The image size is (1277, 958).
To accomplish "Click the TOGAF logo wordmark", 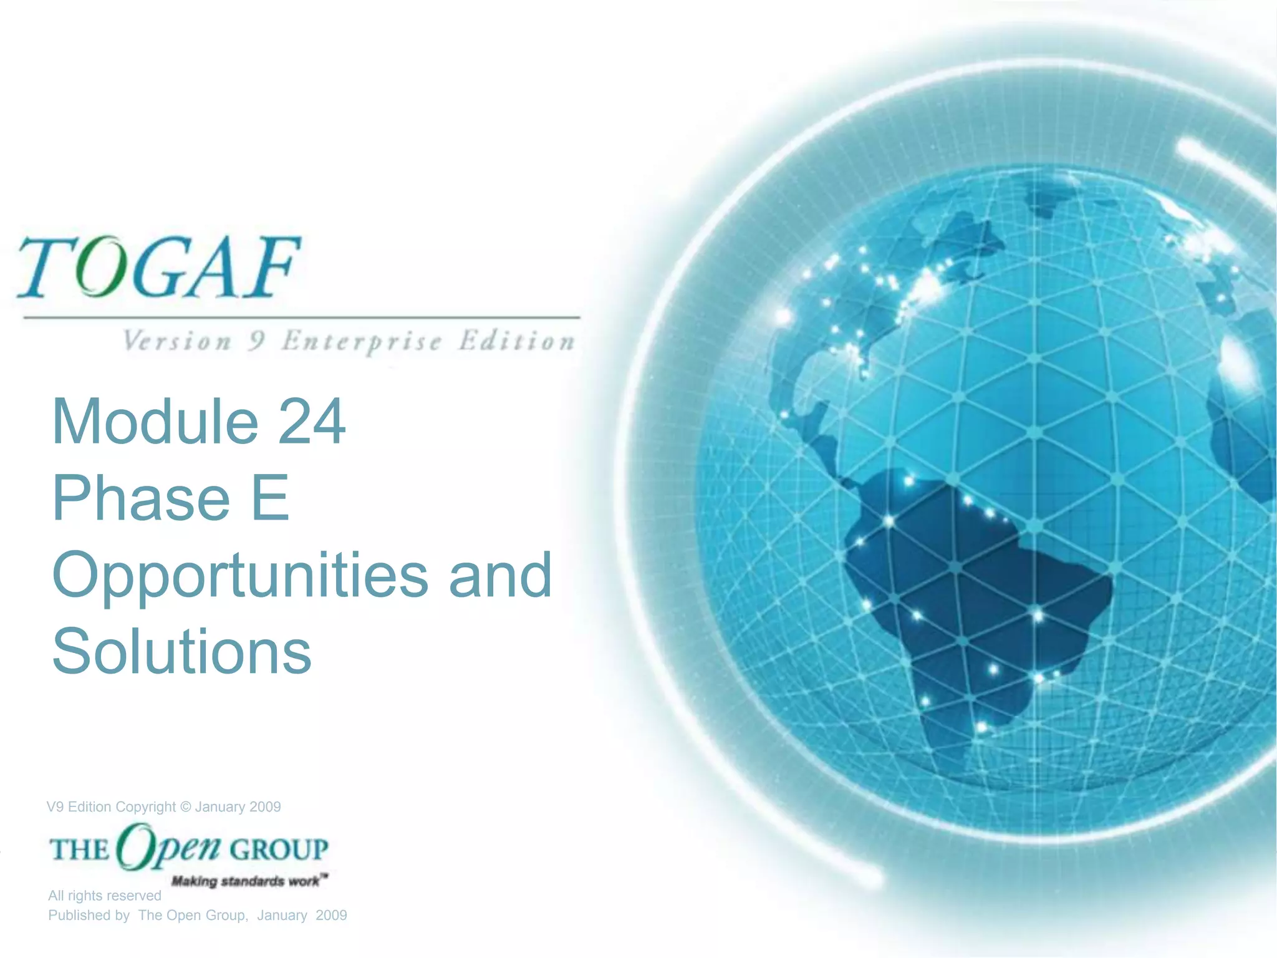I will [159, 267].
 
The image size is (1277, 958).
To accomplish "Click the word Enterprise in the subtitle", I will [362, 342].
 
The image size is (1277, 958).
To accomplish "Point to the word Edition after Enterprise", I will [516, 342].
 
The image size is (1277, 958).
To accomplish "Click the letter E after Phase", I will [270, 499].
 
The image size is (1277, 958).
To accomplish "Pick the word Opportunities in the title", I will [240, 577].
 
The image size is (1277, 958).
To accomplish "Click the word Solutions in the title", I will [181, 652].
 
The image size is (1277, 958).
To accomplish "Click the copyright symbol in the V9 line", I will [185, 807].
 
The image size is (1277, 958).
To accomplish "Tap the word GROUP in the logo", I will [279, 849].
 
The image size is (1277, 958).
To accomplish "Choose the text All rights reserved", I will [105, 896].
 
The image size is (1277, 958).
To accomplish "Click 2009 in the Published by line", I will [331, 916].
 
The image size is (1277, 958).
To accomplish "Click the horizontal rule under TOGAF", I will [302, 317].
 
